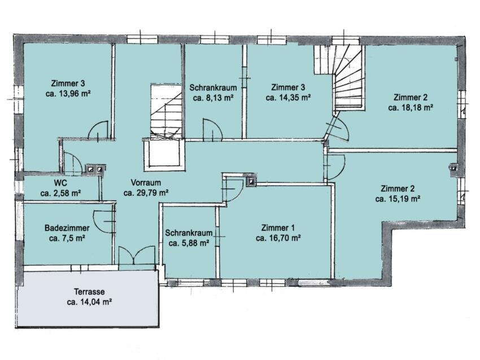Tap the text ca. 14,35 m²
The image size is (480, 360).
coord(289,98)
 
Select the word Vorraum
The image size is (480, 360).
coord(146,183)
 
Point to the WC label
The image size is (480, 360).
coord(60,183)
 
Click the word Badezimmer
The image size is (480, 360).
coord(67,228)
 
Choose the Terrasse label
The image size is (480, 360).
coord(89,292)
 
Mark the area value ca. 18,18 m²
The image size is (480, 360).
coord(410,108)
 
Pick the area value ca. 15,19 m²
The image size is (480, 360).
coord(398,199)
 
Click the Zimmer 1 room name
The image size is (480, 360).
coord(278,228)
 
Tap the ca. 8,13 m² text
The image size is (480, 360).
coord(213,98)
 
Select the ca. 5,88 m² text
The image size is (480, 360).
coord(189,243)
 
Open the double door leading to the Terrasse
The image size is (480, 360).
coord(137,255)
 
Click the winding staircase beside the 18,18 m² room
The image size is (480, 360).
coord(348,77)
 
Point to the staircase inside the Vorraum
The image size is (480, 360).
coord(166,112)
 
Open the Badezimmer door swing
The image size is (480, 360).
coord(103,221)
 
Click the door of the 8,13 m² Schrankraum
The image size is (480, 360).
coord(213,129)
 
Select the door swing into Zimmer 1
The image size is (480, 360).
coord(232,189)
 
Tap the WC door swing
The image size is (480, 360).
coord(73,163)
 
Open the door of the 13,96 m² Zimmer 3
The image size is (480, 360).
coord(98,131)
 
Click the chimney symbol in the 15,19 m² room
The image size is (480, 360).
coord(453,168)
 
